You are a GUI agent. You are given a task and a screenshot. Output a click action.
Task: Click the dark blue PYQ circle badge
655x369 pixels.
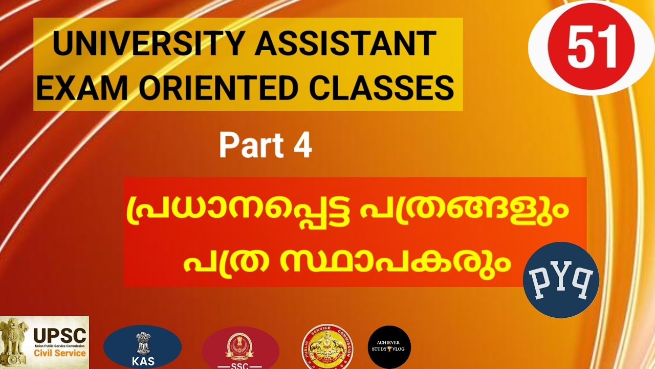pos(561,280)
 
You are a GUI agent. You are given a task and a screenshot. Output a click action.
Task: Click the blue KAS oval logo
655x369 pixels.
pos(142,347)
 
